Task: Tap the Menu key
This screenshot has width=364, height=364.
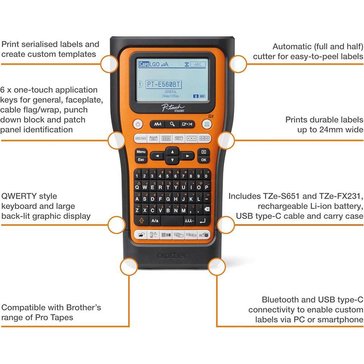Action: click(141, 152)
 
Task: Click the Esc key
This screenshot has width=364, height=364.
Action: click(141, 160)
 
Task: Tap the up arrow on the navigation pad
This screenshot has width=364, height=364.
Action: click(173, 151)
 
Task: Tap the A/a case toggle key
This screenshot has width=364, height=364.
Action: click(155, 220)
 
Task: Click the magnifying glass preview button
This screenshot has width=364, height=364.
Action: click(173, 124)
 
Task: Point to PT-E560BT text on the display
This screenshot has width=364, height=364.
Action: click(163, 85)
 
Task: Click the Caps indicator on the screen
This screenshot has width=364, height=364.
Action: click(144, 64)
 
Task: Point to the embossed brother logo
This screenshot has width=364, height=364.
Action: click(172, 255)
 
